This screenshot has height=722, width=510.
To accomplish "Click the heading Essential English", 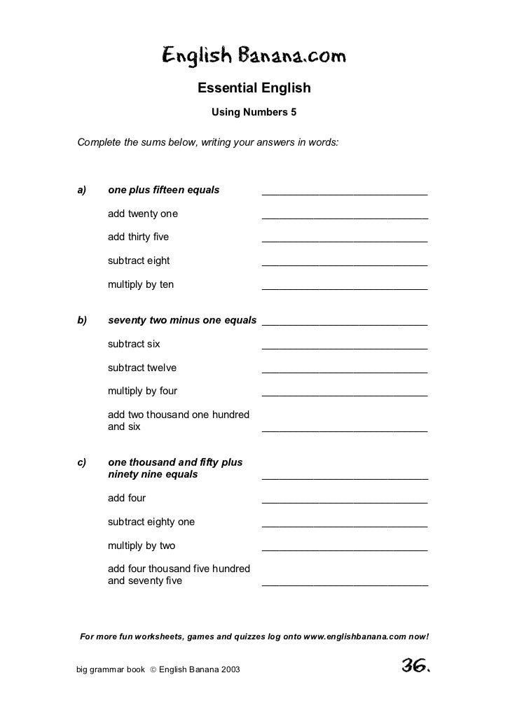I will [x=254, y=89].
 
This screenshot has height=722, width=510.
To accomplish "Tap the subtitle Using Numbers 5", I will [x=254, y=112].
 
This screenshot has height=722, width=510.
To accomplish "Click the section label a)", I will [x=81, y=190].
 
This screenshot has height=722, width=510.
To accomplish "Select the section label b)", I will [x=81, y=321].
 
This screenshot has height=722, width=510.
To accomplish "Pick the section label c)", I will [x=81, y=462].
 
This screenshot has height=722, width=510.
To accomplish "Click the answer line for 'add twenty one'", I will [x=344, y=218].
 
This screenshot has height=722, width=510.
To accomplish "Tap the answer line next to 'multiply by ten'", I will [x=344, y=289].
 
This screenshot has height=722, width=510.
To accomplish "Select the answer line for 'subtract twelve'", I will [x=344, y=372].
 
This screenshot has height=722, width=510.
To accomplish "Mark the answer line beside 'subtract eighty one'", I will [x=344, y=526].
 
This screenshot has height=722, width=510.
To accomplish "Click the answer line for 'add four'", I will [x=344, y=502].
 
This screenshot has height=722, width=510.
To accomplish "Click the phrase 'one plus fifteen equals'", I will [x=163, y=190].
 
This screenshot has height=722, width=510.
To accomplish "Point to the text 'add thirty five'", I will [x=138, y=237].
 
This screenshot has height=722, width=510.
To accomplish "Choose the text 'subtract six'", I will [x=134, y=344].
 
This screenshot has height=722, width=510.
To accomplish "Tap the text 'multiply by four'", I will [x=142, y=391].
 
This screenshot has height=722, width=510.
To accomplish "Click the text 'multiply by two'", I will [x=142, y=546].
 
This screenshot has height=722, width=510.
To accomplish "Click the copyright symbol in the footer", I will [x=152, y=670].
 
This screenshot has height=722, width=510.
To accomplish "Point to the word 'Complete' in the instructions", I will [x=97, y=143].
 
